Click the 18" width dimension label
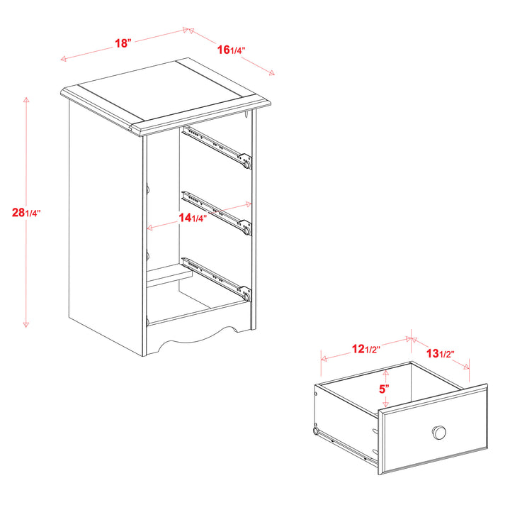[x=123, y=43]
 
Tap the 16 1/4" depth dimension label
[x=231, y=50]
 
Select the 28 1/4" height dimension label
[x=26, y=213]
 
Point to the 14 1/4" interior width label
[x=193, y=218]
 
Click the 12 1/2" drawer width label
[x=366, y=349]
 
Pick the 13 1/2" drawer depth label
[x=440, y=353]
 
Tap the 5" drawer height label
[x=384, y=389]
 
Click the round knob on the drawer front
[x=439, y=433]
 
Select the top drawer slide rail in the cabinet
[x=217, y=147]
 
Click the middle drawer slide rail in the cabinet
[x=217, y=213]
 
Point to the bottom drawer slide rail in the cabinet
[x=217, y=279]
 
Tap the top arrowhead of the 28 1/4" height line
[x=26, y=99]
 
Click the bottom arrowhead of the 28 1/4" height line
[x=26, y=324]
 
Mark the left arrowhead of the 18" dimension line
[x=64, y=59]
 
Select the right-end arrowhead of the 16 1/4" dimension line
[x=271, y=73]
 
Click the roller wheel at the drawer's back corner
[x=315, y=431]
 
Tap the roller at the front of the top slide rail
[x=247, y=164]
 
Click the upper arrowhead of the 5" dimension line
[x=386, y=372]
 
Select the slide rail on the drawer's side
[x=346, y=445]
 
